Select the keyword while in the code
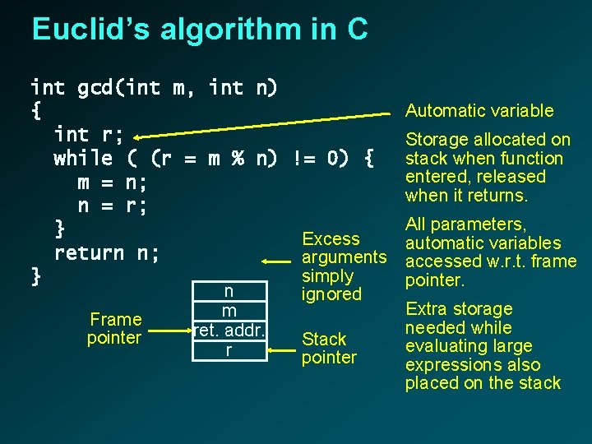point(83,157)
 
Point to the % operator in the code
point(237,157)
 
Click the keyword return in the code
point(89,253)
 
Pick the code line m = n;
point(113,183)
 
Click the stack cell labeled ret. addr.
point(228,331)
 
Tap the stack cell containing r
point(229,350)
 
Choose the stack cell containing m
point(229,312)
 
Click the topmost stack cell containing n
point(229,291)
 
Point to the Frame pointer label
point(115,328)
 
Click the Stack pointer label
point(328,348)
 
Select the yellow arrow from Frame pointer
point(168,331)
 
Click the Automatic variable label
point(479,111)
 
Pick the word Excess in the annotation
point(331,238)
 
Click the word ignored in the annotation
point(331,294)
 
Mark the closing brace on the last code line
point(35,277)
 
